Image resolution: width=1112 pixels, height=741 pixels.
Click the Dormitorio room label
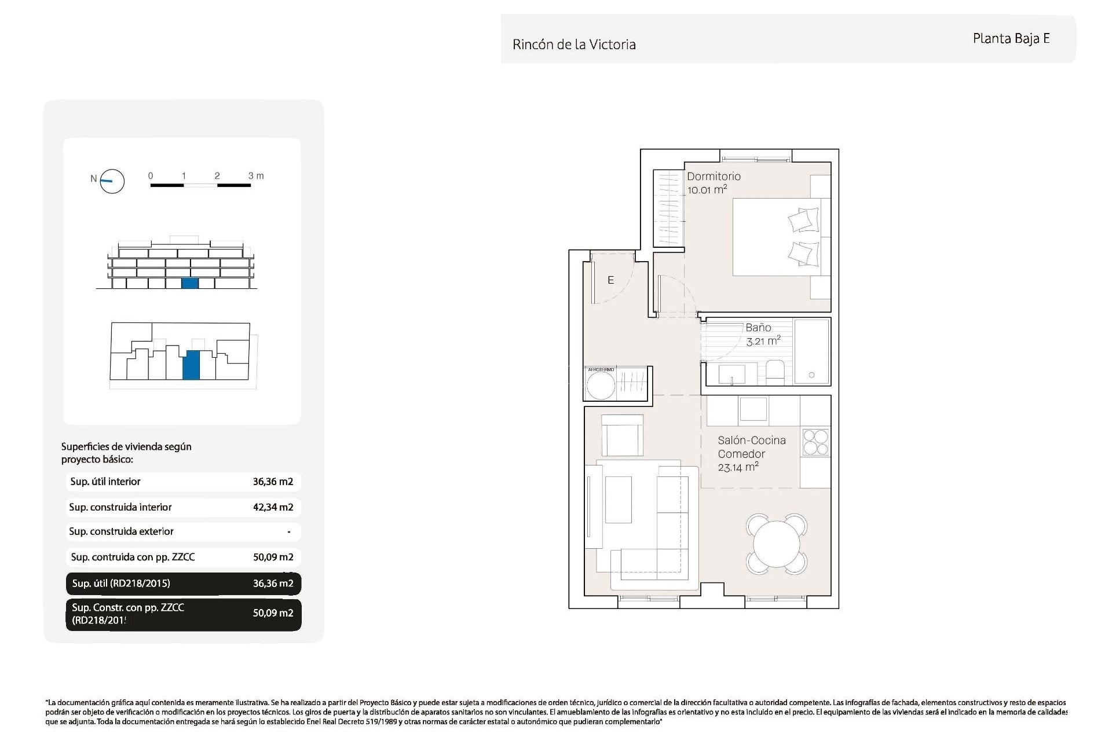point(714,177)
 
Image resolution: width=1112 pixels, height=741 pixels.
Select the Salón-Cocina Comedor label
point(751,447)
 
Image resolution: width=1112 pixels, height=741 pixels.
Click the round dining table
point(777,544)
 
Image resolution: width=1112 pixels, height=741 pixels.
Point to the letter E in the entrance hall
point(610,280)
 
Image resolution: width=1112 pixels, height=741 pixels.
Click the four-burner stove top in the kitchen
point(815,443)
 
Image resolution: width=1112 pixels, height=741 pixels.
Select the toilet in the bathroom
point(775,372)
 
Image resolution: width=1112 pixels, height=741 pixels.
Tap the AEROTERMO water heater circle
point(601,385)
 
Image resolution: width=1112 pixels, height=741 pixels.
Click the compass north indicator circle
point(112,181)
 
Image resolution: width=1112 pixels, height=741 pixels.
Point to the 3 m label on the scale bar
point(255,175)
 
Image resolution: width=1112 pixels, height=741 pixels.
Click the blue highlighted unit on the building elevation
point(189,283)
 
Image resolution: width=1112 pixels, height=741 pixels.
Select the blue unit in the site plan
point(191,365)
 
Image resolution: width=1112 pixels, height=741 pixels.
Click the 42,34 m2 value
point(273,507)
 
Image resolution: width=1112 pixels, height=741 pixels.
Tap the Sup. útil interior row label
point(105,482)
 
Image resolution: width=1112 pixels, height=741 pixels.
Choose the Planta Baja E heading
point(1011,39)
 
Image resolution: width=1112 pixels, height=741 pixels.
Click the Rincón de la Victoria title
point(574,45)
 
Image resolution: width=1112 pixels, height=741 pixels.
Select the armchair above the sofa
point(622,435)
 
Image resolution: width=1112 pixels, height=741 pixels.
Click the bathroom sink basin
point(731,374)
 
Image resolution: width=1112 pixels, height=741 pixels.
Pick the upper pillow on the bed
point(803,221)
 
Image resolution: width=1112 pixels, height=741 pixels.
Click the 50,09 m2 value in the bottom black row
point(273,613)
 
